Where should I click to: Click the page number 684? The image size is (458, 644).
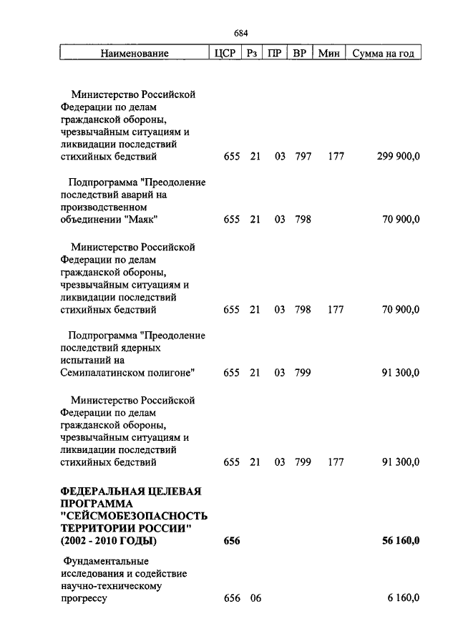coord(240,33)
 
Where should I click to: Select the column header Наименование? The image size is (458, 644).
coord(135,53)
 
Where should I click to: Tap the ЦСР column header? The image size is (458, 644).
coord(225,53)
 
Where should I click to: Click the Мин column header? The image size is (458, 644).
coord(328,53)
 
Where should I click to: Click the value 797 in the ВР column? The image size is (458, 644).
coord(303,157)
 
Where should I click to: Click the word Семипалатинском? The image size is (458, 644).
coord(101,373)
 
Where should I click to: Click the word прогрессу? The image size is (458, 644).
coord(84,599)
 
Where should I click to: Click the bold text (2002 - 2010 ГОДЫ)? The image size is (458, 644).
coord(109,540)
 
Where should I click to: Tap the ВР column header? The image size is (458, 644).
coord(300,53)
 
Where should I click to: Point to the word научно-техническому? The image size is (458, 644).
coord(111,586)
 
